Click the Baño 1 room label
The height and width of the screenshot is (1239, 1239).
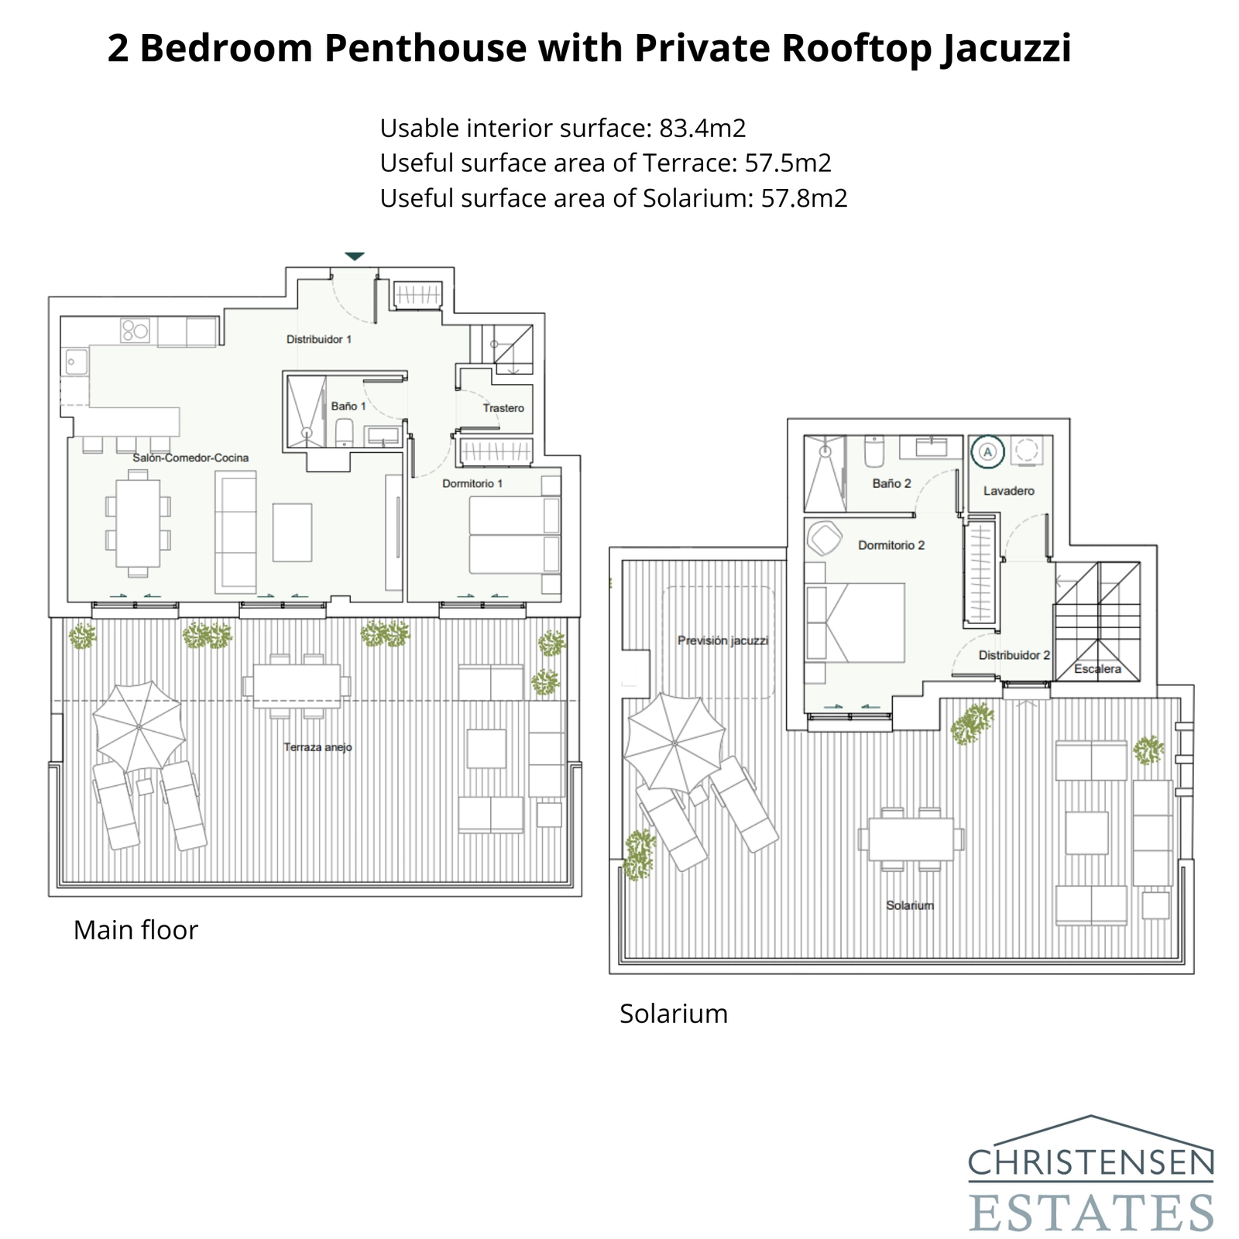(348, 406)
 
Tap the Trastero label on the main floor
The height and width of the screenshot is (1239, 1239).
(503, 408)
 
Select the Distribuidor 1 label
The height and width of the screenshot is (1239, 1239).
(319, 339)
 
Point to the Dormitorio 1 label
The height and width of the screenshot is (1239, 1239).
(472, 483)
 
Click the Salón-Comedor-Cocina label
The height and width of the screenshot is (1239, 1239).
(190, 458)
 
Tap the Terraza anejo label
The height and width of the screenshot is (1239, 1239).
(317, 747)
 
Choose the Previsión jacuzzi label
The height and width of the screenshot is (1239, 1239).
(722, 640)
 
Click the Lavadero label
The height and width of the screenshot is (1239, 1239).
(1009, 490)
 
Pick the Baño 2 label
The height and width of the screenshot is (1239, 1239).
(891, 483)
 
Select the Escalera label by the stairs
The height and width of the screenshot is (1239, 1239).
(1097, 669)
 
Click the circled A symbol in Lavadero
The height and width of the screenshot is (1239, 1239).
(988, 451)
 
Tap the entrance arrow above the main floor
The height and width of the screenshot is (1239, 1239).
(355, 256)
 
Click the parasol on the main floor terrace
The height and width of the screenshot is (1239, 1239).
(139, 727)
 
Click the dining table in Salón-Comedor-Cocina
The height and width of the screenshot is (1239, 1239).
(138, 523)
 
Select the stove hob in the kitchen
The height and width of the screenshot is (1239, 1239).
(135, 331)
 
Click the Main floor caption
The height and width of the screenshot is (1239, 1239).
(136, 930)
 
